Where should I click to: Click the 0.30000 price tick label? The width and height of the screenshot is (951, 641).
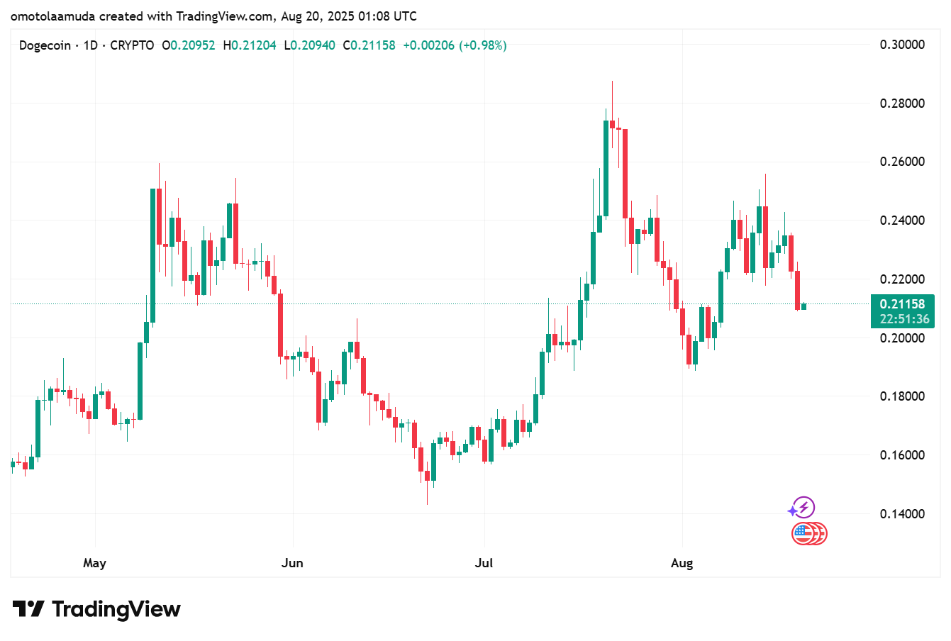pyautogui.click(x=902, y=45)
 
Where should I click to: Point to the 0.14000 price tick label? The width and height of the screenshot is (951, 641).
pyautogui.click(x=902, y=513)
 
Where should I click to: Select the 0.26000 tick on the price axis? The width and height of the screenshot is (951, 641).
pyautogui.click(x=902, y=162)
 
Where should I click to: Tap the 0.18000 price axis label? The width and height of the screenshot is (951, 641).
pyautogui.click(x=902, y=396)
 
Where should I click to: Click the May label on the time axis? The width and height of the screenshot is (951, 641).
pyautogui.click(x=94, y=563)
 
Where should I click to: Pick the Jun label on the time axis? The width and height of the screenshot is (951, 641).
pyautogui.click(x=292, y=563)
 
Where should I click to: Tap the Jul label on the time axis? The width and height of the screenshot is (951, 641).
pyautogui.click(x=484, y=563)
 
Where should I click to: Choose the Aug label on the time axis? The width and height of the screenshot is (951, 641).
pyautogui.click(x=682, y=563)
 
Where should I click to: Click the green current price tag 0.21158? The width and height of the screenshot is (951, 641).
pyautogui.click(x=902, y=304)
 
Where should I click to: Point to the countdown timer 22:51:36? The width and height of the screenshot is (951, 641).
pyautogui.click(x=904, y=319)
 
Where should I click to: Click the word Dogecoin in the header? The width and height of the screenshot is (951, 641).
pyautogui.click(x=45, y=45)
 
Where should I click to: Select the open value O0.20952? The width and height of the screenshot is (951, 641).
pyautogui.click(x=189, y=45)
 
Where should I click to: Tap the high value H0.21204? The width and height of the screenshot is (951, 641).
pyautogui.click(x=250, y=45)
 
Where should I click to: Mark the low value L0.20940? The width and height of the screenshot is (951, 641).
pyautogui.click(x=309, y=45)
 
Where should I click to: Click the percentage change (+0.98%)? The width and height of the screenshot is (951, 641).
pyautogui.click(x=483, y=45)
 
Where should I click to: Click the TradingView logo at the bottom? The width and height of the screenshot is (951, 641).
pyautogui.click(x=97, y=609)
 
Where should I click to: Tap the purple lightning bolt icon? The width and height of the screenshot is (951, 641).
pyautogui.click(x=803, y=508)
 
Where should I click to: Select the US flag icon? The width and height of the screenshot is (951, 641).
pyautogui.click(x=803, y=533)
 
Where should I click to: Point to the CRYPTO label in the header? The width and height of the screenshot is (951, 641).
pyautogui.click(x=132, y=45)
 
